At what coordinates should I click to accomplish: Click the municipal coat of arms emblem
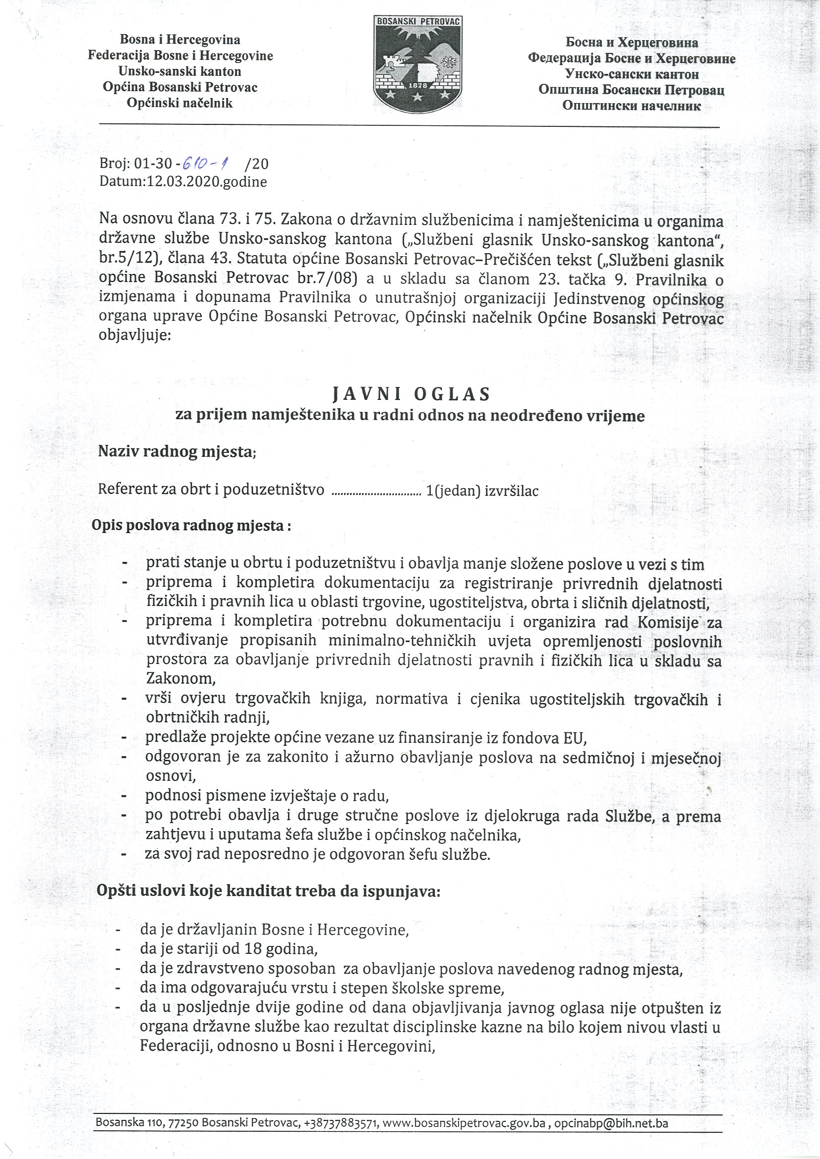(418, 63)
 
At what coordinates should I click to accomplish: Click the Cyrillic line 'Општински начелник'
(631, 106)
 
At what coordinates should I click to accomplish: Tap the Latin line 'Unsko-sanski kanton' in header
(180, 71)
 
